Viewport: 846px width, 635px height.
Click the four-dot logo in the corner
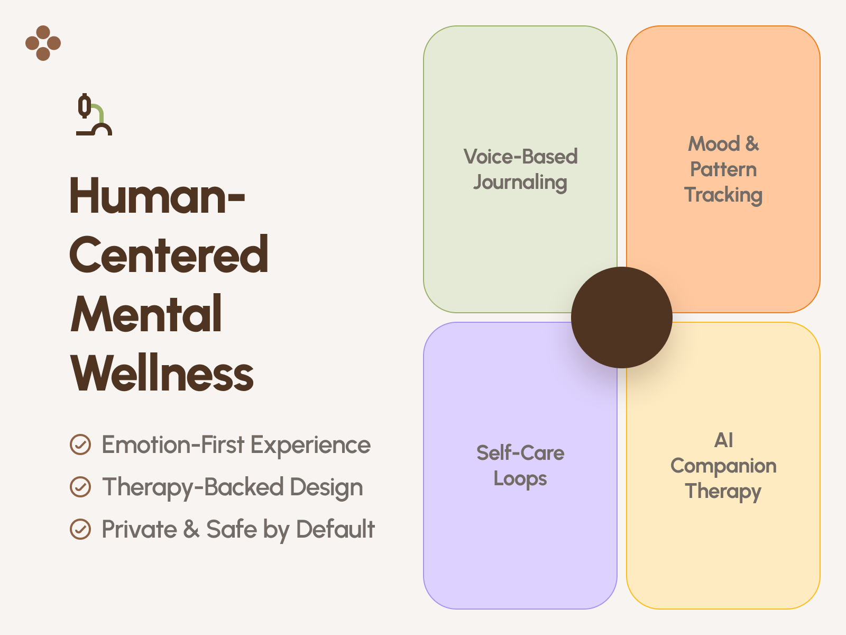pyautogui.click(x=43, y=43)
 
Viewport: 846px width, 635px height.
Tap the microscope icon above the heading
pyautogui.click(x=94, y=115)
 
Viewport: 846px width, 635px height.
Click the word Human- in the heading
pyautogui.click(x=157, y=196)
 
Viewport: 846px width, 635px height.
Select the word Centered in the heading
pyautogui.click(x=169, y=255)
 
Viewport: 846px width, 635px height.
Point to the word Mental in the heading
pyautogui.click(x=146, y=314)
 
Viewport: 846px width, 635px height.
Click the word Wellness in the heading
pyautogui.click(x=162, y=374)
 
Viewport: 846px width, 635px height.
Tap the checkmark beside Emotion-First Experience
pyautogui.click(x=80, y=444)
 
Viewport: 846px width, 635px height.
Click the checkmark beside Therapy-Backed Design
pyautogui.click(x=80, y=487)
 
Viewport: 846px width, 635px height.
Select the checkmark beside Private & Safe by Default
pyautogui.click(x=80, y=529)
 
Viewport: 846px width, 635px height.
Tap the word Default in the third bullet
pyautogui.click(x=335, y=529)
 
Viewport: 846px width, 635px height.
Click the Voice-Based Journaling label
pyautogui.click(x=520, y=169)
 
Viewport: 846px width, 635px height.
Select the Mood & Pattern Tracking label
pyautogui.click(x=723, y=169)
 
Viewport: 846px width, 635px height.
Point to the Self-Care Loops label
pyautogui.click(x=520, y=466)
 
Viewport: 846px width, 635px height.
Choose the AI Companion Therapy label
pyautogui.click(x=723, y=466)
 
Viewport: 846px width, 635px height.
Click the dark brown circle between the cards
pyautogui.click(x=622, y=317)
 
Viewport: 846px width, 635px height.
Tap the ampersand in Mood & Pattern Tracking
pyautogui.click(x=752, y=144)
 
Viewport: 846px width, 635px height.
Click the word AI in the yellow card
pyautogui.click(x=723, y=440)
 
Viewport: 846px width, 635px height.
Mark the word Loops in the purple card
pyautogui.click(x=520, y=479)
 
